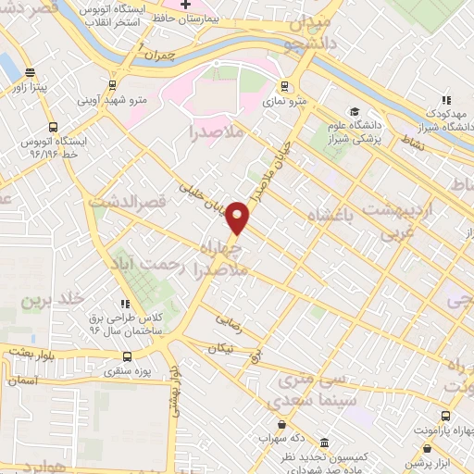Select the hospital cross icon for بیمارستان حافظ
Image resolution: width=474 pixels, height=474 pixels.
(185, 6)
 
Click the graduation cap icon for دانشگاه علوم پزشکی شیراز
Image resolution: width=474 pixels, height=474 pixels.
(355, 112)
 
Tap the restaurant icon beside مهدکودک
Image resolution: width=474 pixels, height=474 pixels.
(445, 100)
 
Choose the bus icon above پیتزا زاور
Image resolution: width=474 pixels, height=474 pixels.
(30, 71)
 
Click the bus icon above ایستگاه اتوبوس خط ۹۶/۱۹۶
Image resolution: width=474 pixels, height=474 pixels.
(52, 126)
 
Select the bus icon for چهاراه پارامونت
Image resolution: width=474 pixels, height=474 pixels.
(446, 417)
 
